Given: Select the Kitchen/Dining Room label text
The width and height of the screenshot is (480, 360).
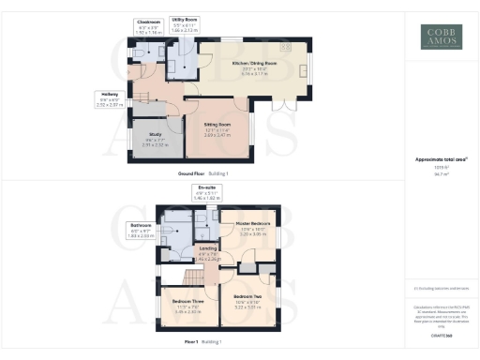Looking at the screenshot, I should tap(249, 64).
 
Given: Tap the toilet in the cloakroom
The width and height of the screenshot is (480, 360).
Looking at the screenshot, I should tap(140, 54).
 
